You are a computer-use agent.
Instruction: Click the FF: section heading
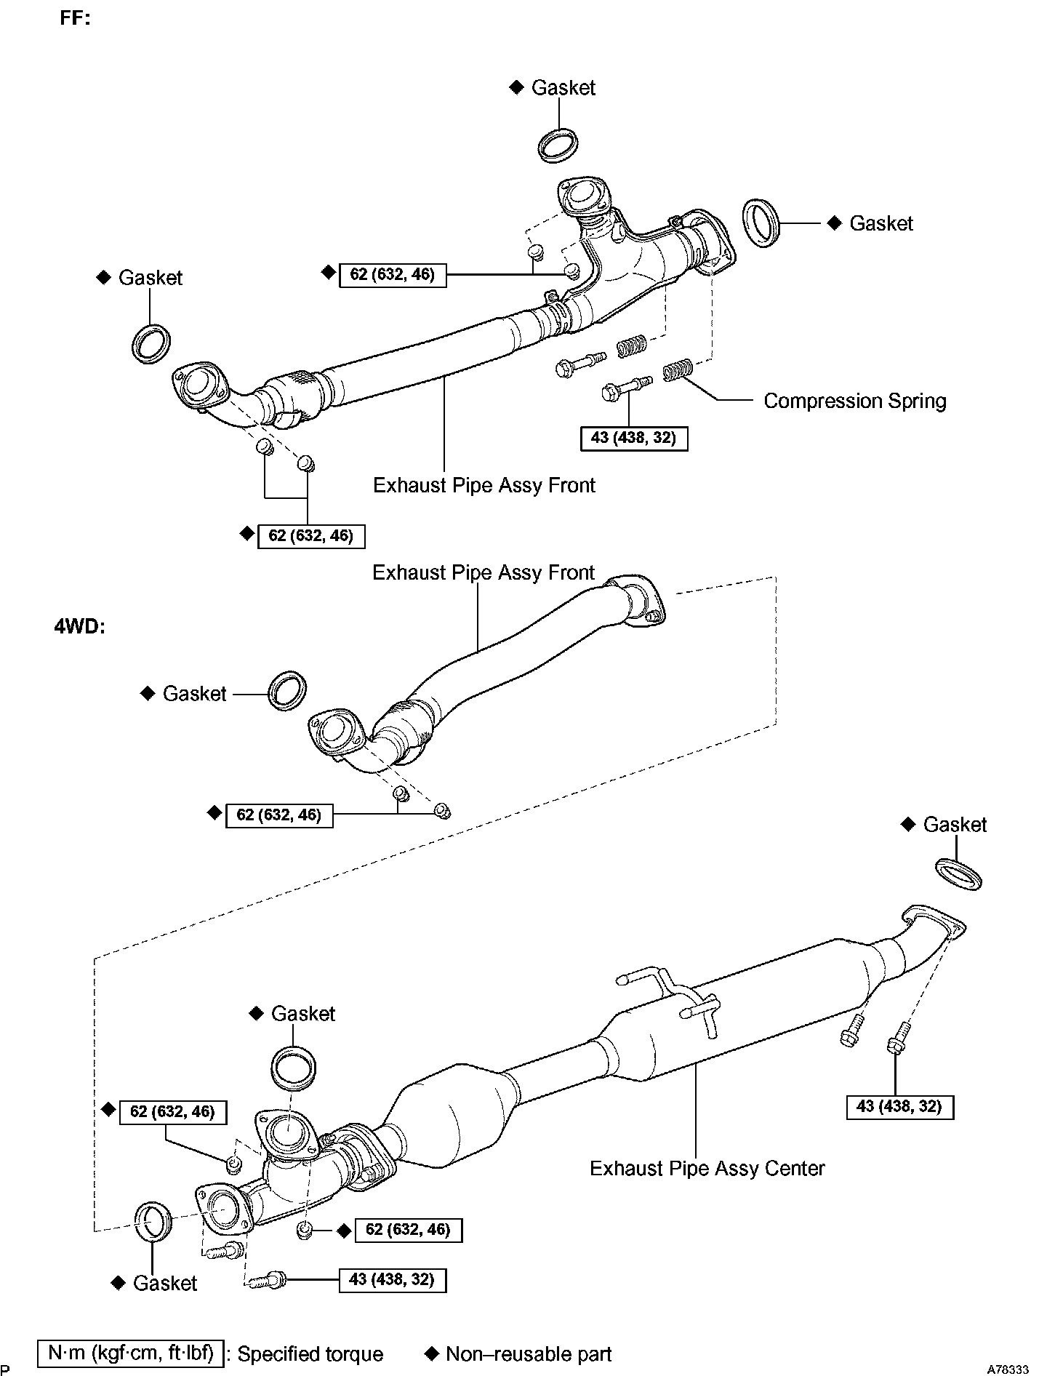click(x=75, y=18)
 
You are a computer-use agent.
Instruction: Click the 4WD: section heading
click(x=79, y=626)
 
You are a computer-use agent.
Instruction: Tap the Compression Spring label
click(x=854, y=401)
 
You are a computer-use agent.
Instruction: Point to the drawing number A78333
click(x=1008, y=1369)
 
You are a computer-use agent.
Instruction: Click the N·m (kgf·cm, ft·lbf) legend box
click(x=131, y=1353)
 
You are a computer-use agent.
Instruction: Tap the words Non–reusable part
click(x=528, y=1354)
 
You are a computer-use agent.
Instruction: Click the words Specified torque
click(x=310, y=1354)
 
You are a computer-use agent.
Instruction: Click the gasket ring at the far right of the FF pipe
click(x=761, y=222)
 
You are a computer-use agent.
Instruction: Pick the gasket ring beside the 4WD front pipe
click(x=287, y=691)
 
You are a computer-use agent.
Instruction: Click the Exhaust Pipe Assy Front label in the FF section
click(x=484, y=485)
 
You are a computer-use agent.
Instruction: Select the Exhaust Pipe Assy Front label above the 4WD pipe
click(x=484, y=573)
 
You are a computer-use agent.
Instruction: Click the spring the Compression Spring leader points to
click(x=677, y=372)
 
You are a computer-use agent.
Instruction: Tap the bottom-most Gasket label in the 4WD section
click(x=164, y=1283)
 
